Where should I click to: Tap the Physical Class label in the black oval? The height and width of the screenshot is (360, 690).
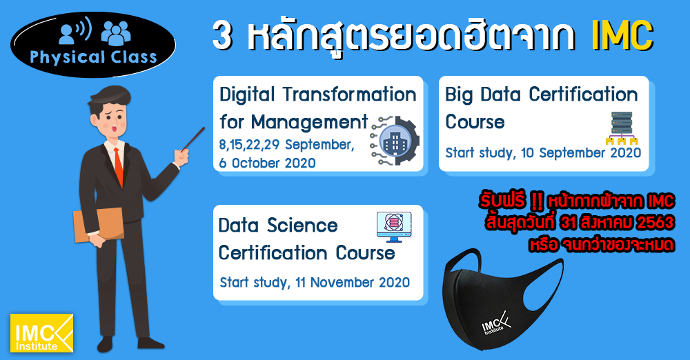pyautogui.click(x=93, y=57)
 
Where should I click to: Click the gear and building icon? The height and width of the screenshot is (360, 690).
pyautogui.click(x=394, y=142)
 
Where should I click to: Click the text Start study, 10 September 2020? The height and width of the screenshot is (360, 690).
pyautogui.click(x=543, y=152)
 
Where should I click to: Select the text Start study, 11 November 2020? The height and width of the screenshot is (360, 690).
pyautogui.click(x=315, y=282)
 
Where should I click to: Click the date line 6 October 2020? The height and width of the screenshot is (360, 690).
pyautogui.click(x=268, y=163)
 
